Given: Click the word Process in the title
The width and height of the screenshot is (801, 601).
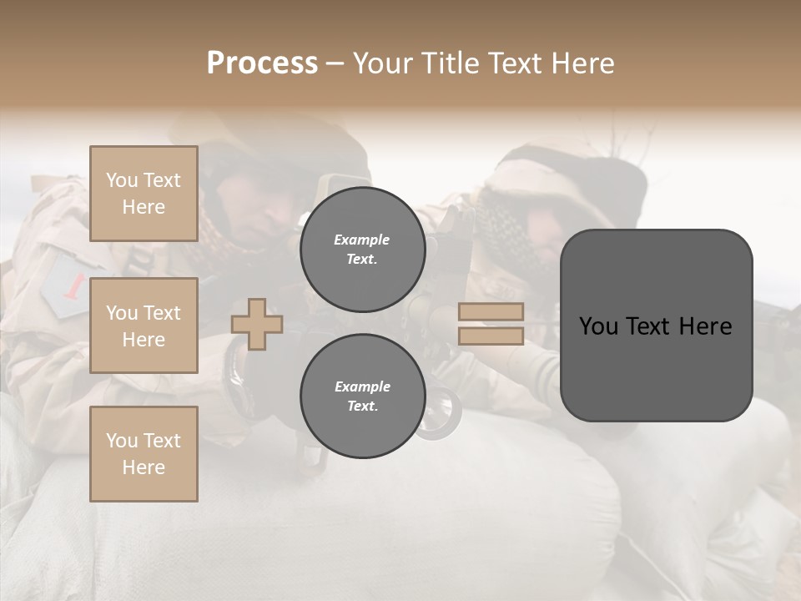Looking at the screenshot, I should point(262,63).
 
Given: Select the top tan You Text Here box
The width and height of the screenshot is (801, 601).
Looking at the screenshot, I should point(144,194).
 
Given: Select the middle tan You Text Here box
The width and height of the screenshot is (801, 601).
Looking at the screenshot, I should point(144,326).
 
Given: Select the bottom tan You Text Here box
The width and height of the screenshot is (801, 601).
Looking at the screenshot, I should point(144,453).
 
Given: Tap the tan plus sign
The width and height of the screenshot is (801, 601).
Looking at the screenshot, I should point(257,324).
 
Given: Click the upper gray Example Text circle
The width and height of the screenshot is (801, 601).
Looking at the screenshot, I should point(362,249).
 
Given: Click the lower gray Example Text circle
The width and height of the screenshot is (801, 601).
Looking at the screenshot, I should point(362,396).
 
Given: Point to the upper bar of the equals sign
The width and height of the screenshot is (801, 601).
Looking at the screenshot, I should point(491,311).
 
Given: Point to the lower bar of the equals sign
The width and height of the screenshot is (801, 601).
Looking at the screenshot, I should point(491,336).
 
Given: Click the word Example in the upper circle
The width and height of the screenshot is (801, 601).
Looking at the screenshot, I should point(362,240).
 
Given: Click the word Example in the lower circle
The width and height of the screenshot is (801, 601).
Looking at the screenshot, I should point(362,386).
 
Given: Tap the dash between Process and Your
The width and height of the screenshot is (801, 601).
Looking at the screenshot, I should point(335,64).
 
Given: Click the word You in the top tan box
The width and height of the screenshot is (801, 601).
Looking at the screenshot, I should point(122,180).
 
